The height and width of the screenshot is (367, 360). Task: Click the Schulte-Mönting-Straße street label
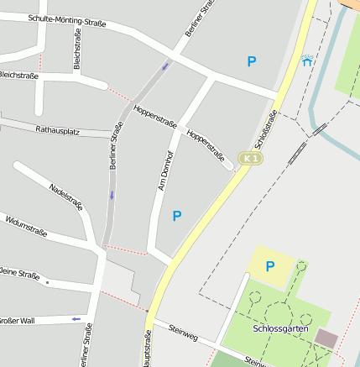tap(67, 21)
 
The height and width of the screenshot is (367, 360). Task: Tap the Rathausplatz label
tap(57, 130)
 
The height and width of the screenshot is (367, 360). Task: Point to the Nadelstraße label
tap(66, 197)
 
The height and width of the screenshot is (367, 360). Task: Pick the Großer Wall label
tap(17, 321)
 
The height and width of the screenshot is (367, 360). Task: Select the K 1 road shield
tap(248, 158)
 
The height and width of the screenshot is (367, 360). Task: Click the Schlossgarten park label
tap(279, 328)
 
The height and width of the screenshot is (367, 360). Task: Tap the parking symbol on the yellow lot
tap(270, 266)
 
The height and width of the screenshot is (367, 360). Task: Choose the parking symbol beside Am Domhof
tap(177, 216)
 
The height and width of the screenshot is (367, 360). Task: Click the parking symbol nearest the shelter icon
tap(251, 60)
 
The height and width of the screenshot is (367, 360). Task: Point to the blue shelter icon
tap(307, 60)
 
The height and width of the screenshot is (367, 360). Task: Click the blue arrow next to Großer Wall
tap(76, 318)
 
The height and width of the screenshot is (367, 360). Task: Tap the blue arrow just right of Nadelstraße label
tap(112, 195)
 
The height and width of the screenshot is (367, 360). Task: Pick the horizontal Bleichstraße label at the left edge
tap(18, 76)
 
